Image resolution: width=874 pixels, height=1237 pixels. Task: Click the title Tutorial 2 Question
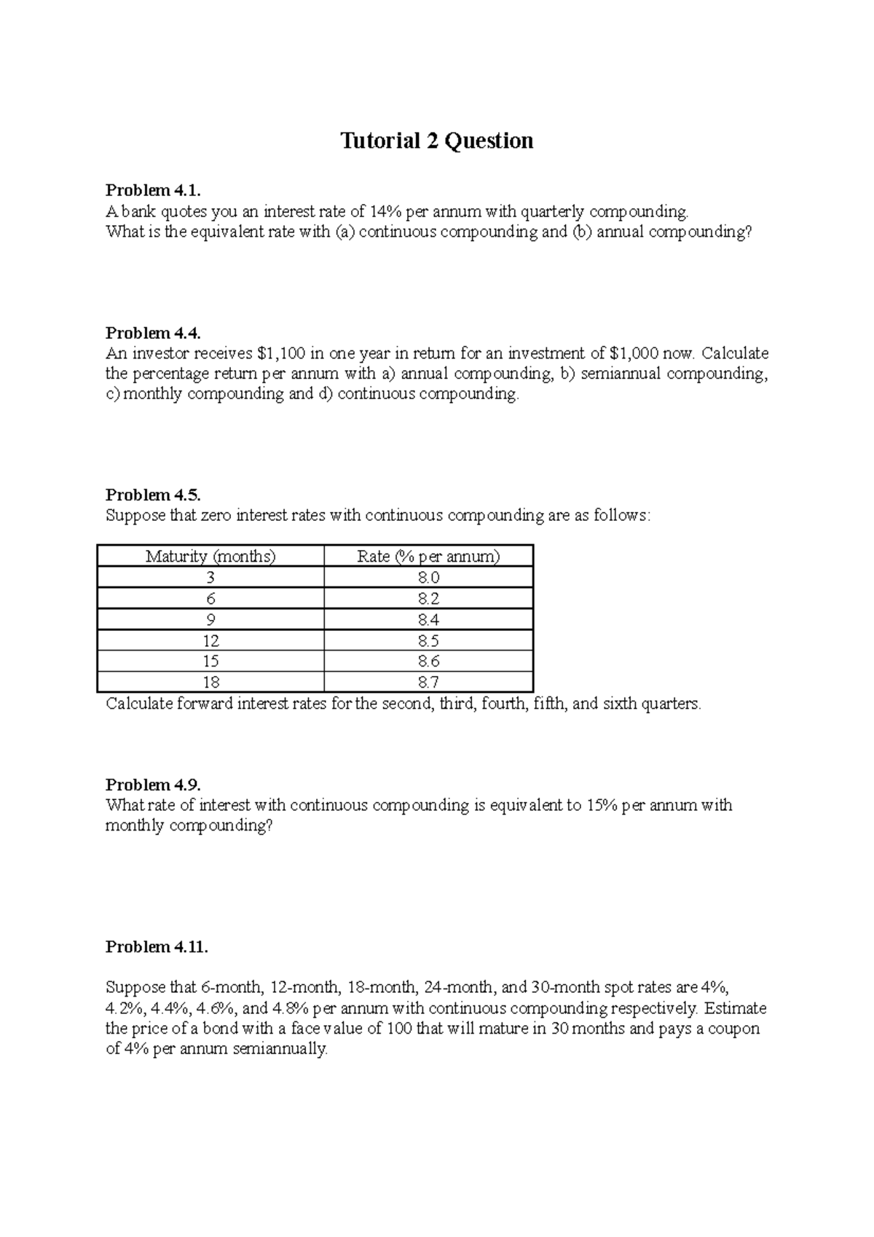coord(437,141)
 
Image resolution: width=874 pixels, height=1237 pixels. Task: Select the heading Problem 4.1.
coord(152,191)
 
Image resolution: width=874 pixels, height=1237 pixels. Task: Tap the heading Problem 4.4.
coord(152,333)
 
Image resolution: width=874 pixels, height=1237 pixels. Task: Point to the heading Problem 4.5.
coord(152,495)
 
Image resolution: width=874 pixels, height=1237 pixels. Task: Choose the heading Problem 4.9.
coord(152,785)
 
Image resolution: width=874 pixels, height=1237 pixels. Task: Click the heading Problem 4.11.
coord(157,947)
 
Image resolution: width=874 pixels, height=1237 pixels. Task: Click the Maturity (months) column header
coord(210,557)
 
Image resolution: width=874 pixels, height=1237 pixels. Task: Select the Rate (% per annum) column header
coord(428,557)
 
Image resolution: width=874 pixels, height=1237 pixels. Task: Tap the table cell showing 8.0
coord(428,578)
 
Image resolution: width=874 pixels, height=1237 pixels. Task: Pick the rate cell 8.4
coord(428,620)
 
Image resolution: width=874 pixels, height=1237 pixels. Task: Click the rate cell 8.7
coord(428,683)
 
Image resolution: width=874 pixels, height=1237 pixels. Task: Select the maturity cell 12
coord(211,641)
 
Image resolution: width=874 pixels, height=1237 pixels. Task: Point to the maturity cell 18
coord(211,683)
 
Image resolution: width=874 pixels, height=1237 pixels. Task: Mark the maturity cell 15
coord(211,661)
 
